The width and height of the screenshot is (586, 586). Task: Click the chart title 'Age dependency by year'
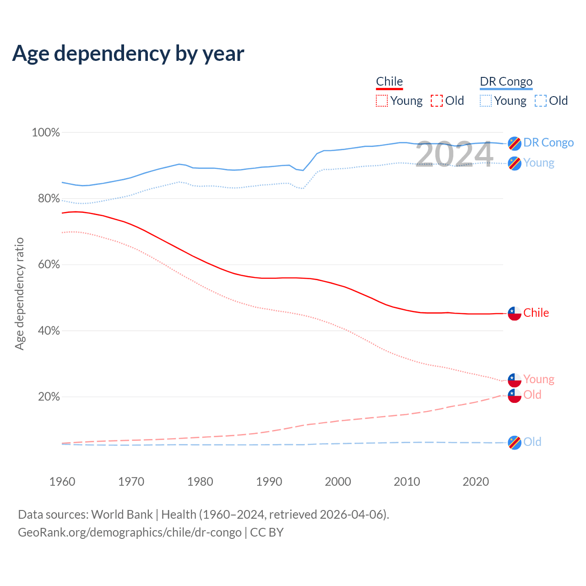point(128,54)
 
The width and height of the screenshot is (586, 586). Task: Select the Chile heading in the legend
point(389,81)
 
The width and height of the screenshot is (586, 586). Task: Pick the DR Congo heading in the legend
point(506,81)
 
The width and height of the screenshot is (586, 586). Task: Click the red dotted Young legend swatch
point(381,101)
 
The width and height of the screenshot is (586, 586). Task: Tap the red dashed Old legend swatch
point(437,101)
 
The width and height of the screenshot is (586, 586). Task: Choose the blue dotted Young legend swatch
point(486,101)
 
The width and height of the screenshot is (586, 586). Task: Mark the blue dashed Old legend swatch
point(541,101)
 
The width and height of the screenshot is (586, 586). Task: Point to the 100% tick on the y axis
point(46,133)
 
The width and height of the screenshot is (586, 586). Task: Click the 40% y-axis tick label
point(49,331)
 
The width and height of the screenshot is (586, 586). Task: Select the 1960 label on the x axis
point(62,482)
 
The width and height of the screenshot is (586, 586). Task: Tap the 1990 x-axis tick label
point(269,482)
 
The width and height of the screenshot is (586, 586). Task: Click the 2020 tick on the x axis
point(476,482)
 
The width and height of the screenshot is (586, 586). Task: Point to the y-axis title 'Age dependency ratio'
point(19,293)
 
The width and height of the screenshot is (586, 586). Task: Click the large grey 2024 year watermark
point(454,154)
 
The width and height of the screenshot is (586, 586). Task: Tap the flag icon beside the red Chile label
point(515,314)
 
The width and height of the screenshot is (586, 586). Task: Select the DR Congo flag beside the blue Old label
point(515,443)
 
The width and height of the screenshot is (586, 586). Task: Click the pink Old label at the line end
point(532,395)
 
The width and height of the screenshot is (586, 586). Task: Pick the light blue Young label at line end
point(539,163)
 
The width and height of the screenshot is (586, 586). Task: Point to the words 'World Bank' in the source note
point(122,515)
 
